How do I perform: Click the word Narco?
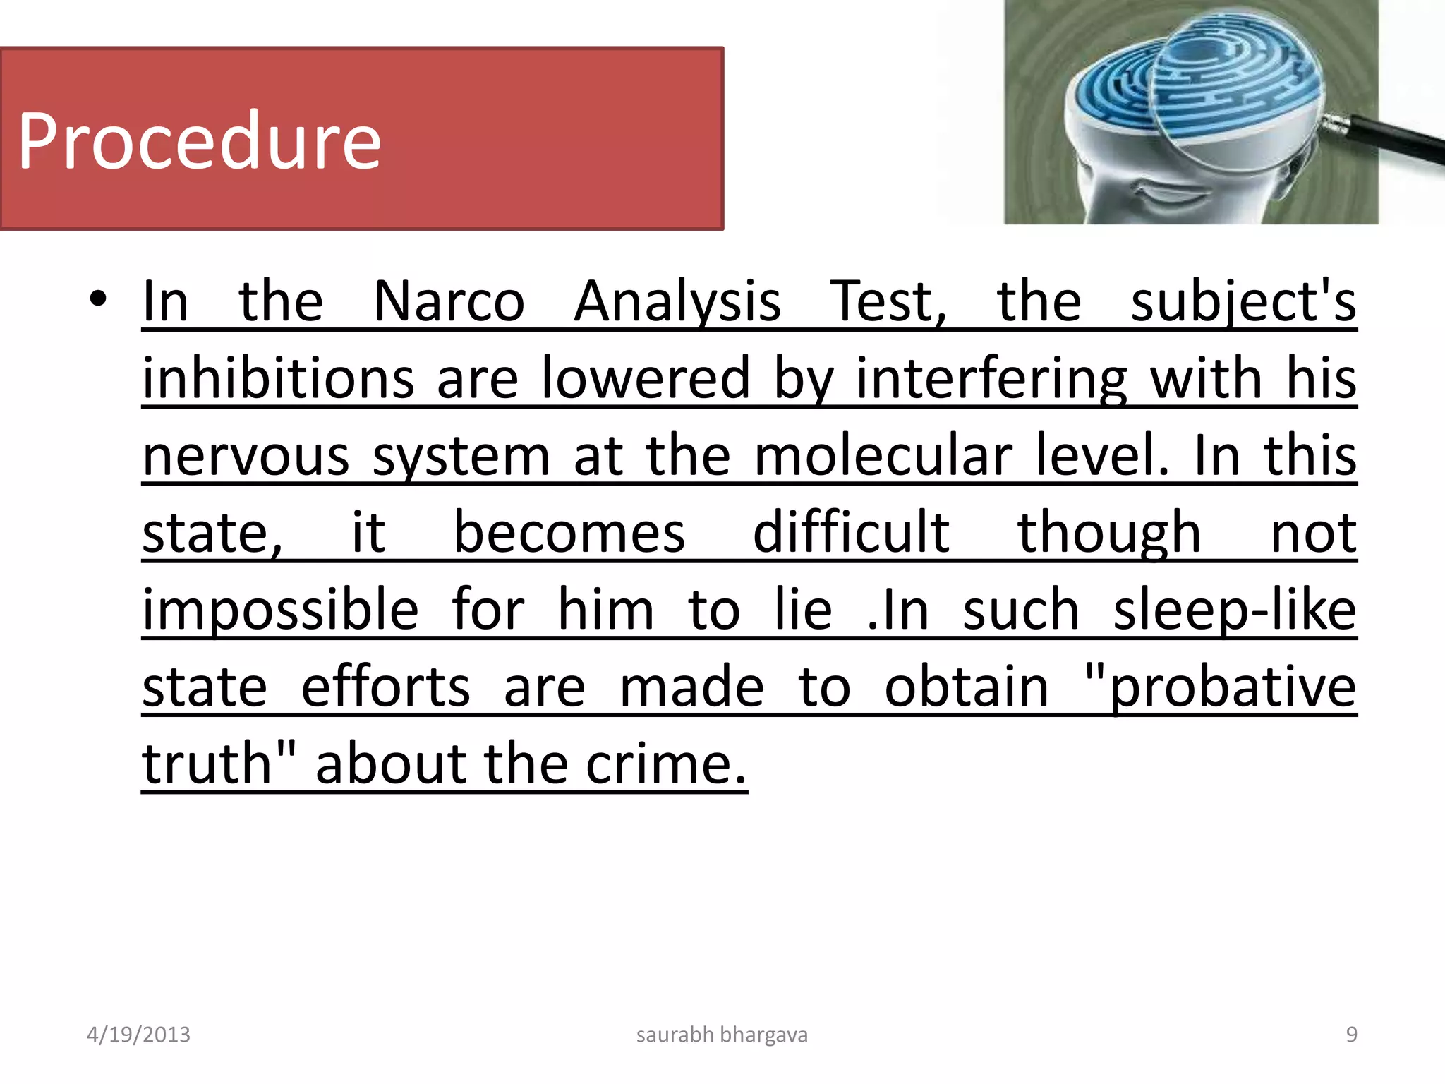[449, 302]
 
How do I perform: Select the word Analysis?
[677, 302]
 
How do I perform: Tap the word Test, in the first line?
[888, 302]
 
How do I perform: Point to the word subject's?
[1243, 302]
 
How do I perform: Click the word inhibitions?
[278, 379]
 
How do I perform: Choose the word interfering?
[991, 379]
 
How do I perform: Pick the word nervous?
[246, 456]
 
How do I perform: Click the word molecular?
[883, 456]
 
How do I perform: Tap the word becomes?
[569, 533]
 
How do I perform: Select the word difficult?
[851, 533]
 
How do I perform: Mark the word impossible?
[280, 610]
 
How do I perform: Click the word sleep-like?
[1235, 610]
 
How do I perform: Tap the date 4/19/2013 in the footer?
[138, 1035]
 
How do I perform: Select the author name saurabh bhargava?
[722, 1035]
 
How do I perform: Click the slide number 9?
[1351, 1035]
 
